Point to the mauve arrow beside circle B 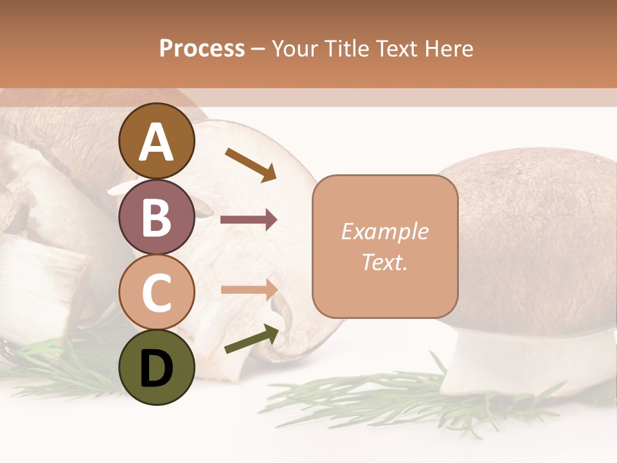(x=249, y=220)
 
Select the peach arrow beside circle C (x=249, y=289)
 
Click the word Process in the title (x=202, y=48)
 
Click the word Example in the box (x=384, y=232)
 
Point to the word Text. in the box (x=384, y=262)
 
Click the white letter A (x=156, y=143)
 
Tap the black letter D (x=156, y=368)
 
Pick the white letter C (x=156, y=293)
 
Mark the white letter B (x=156, y=217)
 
